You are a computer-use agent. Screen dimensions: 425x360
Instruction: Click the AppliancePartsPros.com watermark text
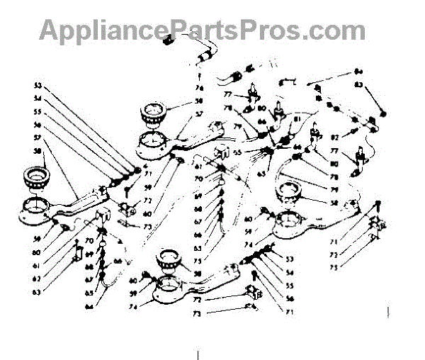pos(202,30)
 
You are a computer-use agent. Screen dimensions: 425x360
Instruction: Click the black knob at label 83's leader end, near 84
pos(383,113)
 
